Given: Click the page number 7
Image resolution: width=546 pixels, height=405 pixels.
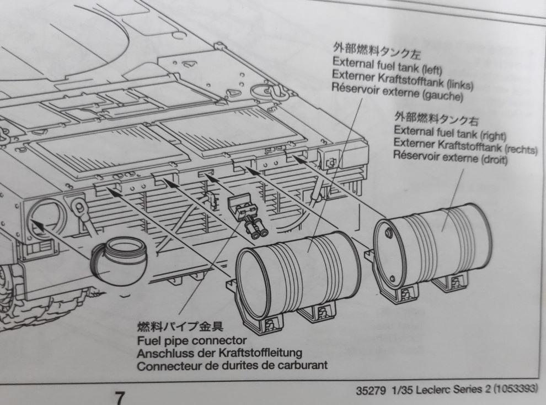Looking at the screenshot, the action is click(120, 398).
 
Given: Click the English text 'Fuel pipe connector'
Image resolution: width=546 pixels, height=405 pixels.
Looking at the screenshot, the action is click(192, 340).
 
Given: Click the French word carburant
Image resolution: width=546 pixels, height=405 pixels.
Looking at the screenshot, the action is click(302, 365).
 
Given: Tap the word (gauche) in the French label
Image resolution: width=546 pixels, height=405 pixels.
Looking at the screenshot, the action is click(442, 95).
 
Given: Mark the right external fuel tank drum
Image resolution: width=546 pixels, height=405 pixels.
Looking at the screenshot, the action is click(432, 245).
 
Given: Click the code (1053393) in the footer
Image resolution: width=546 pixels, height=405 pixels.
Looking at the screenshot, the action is click(515, 388).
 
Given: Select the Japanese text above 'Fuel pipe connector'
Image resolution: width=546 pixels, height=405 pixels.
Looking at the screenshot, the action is click(180, 327).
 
